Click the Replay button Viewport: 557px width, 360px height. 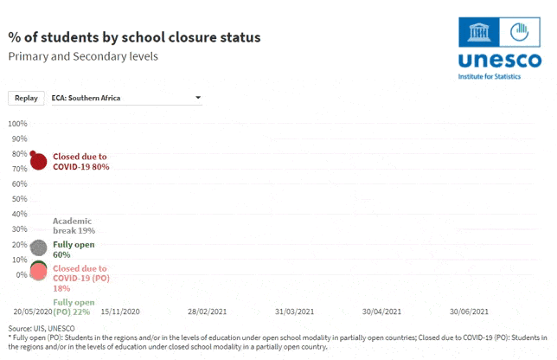pos(26,98)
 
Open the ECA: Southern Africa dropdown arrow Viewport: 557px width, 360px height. pos(198,98)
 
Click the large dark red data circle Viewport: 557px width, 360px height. pos(38,161)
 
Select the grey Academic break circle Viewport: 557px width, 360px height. pos(38,247)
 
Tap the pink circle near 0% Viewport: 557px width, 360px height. pos(38,272)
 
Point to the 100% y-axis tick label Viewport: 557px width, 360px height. pos(18,124)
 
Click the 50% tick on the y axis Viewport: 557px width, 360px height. pos(20,199)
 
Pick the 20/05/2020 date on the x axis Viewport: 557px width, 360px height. pos(33,312)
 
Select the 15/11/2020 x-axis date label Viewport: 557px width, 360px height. pos(120,312)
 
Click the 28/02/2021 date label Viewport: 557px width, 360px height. pos(207,312)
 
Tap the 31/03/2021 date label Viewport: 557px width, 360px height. pos(294,312)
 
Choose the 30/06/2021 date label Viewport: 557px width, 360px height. pos(469,312)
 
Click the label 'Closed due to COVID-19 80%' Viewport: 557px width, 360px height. pos(81,162)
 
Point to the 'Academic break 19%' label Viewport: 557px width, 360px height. pos(74,226)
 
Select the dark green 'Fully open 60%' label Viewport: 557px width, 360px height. pos(74,249)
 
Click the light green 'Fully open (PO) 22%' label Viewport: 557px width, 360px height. pos(74,307)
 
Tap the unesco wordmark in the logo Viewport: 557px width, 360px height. pos(500,60)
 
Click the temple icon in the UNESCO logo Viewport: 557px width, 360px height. pos(478,32)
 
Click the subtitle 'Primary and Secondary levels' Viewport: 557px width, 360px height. pos(83,56)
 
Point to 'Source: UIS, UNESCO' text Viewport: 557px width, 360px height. pos(42,328)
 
